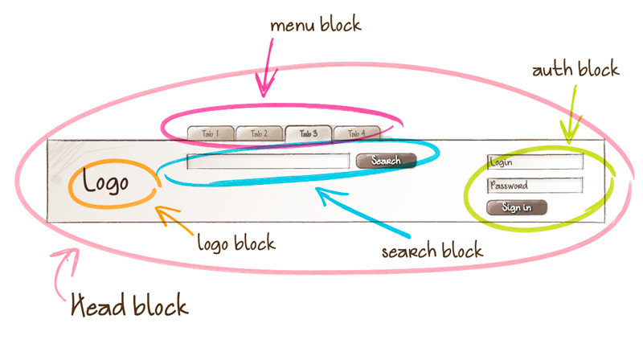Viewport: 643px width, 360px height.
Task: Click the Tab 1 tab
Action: pos(210,133)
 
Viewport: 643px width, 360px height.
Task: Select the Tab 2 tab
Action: pos(259,133)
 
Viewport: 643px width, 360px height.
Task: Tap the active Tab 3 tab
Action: pos(308,133)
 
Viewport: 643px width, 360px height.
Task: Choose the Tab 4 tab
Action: pos(357,133)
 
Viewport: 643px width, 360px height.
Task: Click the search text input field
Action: pos(268,161)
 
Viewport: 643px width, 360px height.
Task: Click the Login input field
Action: pos(534,162)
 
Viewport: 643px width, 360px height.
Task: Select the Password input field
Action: pos(534,186)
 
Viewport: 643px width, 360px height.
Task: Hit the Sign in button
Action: pos(516,207)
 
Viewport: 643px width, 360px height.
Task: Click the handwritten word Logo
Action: pos(105,182)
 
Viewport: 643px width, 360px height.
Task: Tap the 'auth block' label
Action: pos(575,69)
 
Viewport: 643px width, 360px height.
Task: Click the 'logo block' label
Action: pos(236,242)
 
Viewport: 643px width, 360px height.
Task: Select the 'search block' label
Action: pos(432,250)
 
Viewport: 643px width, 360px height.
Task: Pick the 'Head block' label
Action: pos(129,306)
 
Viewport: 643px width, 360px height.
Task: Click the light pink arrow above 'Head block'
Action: pos(64,269)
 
